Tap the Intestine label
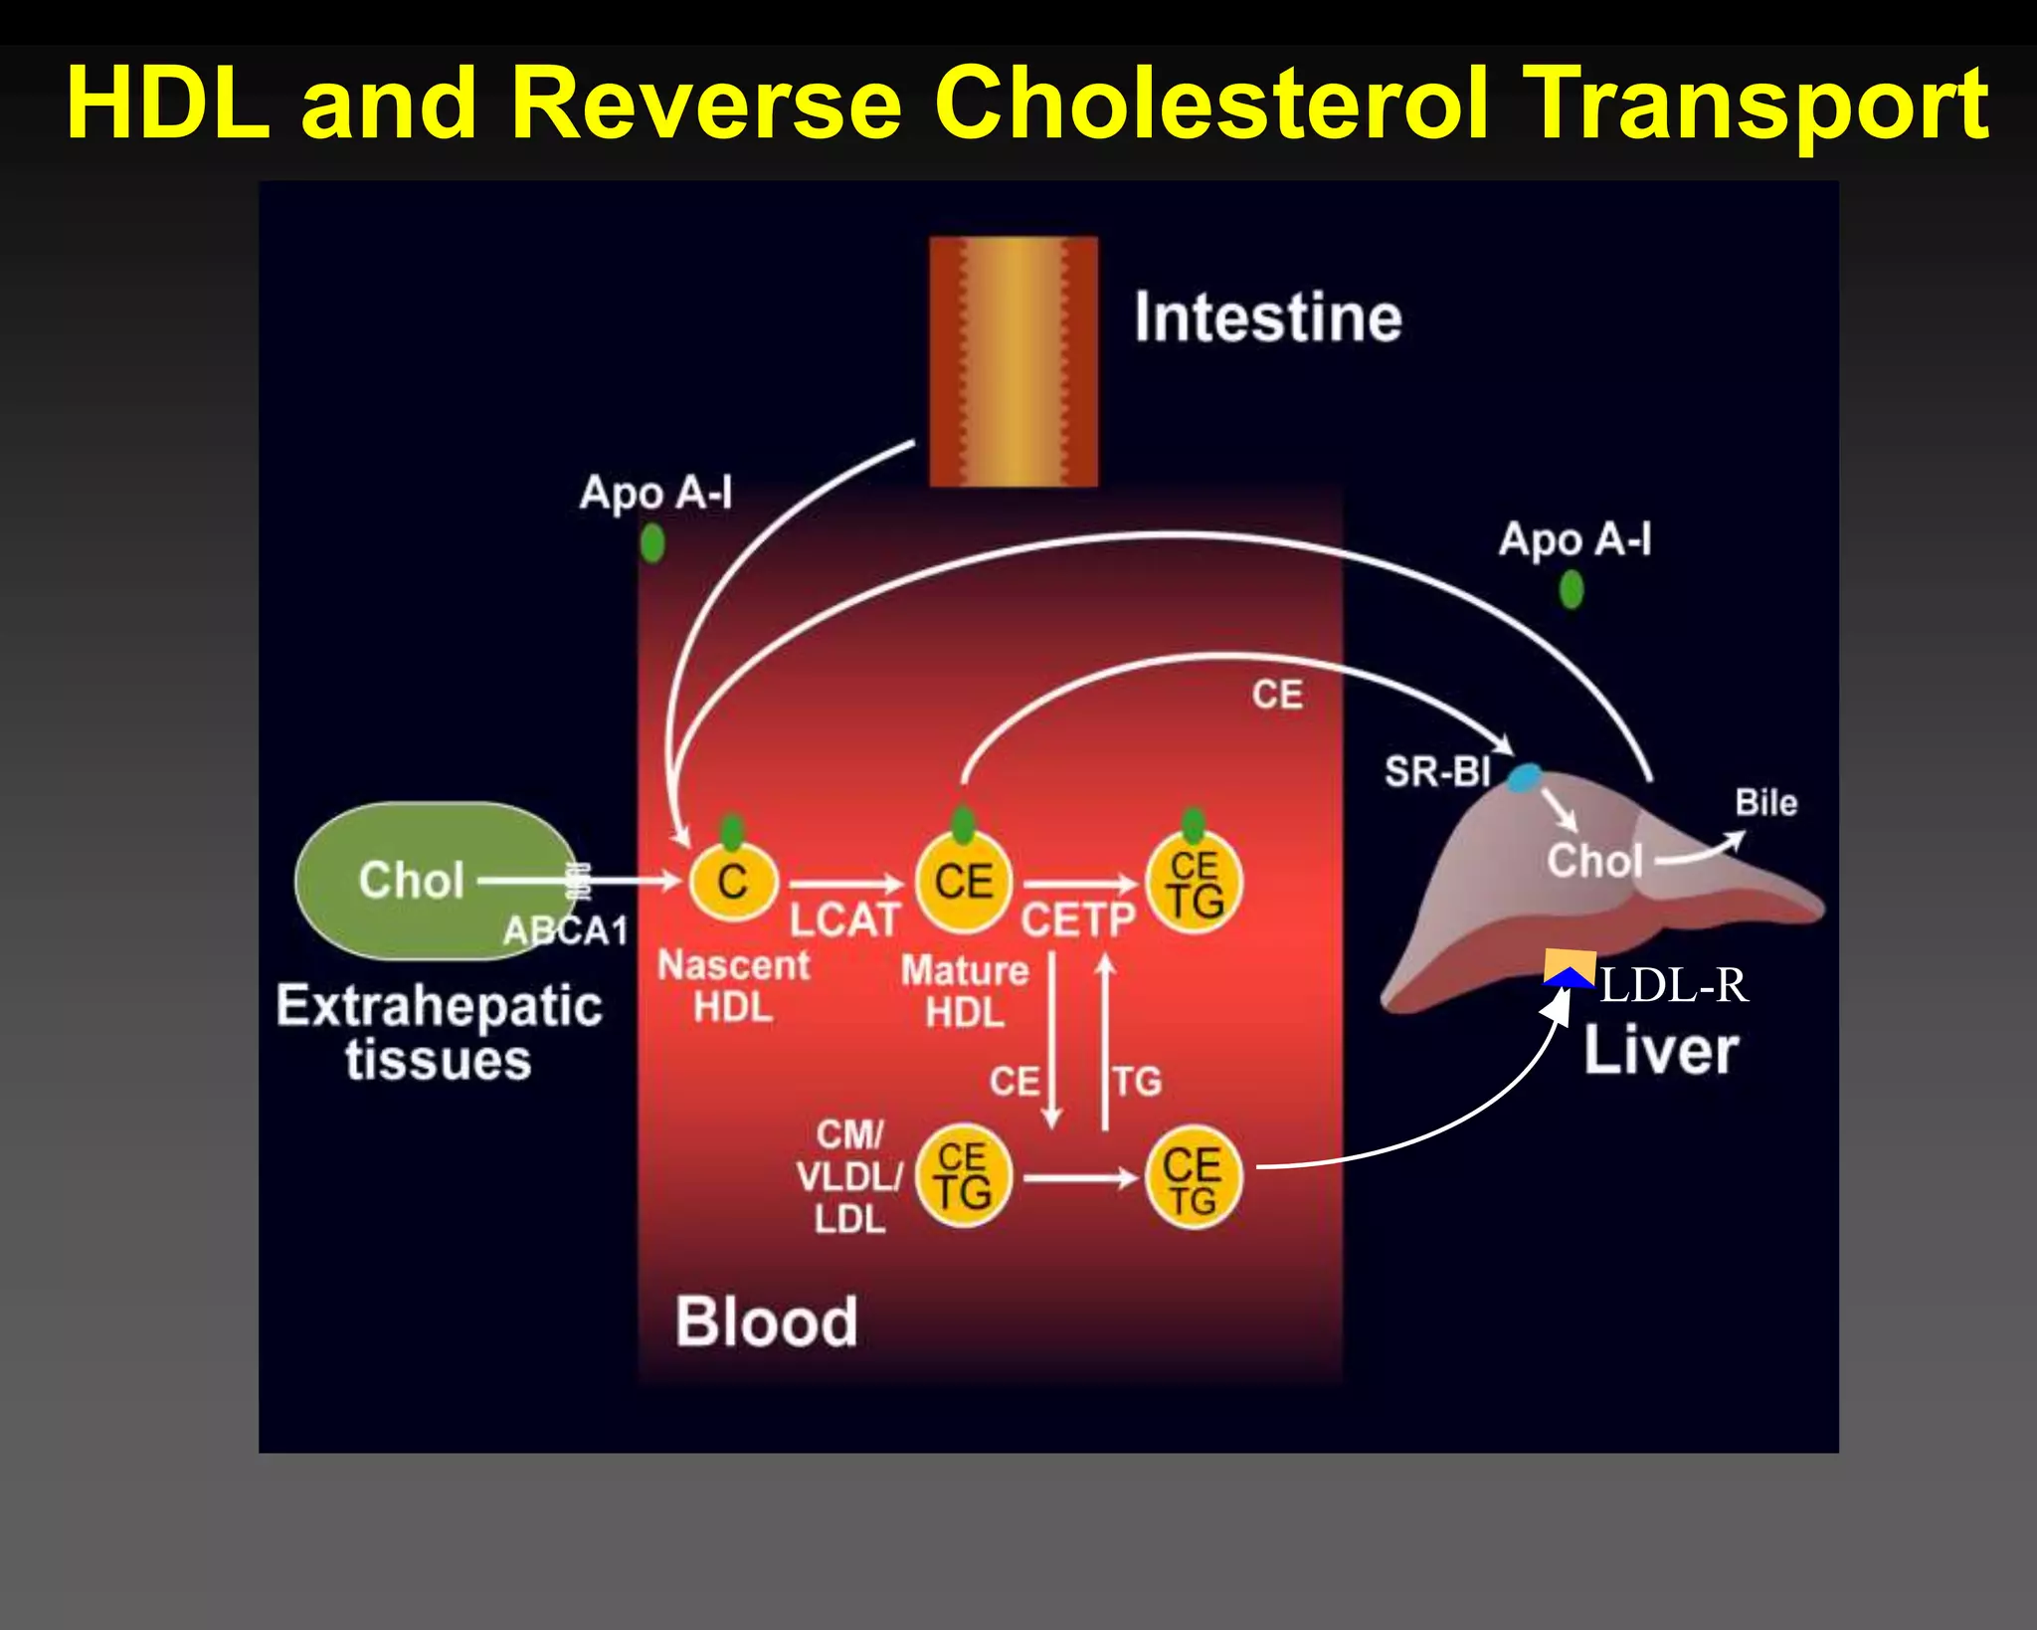(1267, 317)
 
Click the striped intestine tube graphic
(1013, 360)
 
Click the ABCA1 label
(565, 931)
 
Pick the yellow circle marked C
(733, 882)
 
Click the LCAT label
(844, 919)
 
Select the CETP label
(1077, 919)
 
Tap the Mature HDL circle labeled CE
(963, 882)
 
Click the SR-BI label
(1437, 771)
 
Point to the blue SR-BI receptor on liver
(1524, 777)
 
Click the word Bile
(1765, 802)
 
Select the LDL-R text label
(1674, 985)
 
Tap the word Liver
(1660, 1050)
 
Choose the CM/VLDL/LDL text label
(848, 1177)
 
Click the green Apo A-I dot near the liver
(1571, 590)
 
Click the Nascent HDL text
(733, 986)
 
